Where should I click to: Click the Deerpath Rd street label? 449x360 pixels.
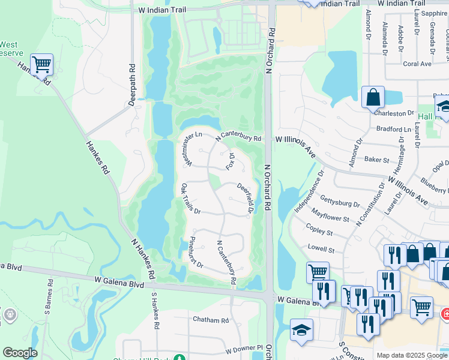point(133,85)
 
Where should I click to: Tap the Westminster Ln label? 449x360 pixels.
point(188,149)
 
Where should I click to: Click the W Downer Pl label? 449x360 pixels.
point(244,349)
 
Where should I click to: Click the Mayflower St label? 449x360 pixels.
point(330,215)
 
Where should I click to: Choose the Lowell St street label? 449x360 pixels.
point(321,248)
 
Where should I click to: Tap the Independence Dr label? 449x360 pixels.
point(309,191)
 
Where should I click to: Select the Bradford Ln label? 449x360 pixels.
point(393,129)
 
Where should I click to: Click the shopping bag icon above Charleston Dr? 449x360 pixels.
point(373,96)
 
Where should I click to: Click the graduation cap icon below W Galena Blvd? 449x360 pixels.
point(301,329)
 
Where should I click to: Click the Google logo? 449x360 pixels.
point(20,353)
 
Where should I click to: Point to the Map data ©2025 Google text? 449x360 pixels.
point(412,355)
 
